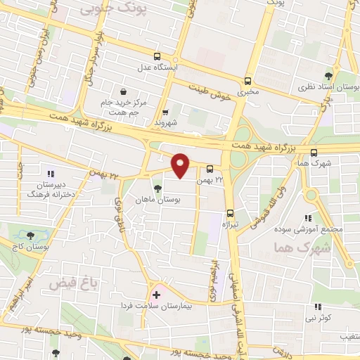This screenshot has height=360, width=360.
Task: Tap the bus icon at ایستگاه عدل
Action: tap(156, 57)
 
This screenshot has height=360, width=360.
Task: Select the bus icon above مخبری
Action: tap(247, 81)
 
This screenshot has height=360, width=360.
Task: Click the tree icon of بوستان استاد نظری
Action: tap(328, 76)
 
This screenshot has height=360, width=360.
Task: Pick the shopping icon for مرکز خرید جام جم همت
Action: tap(123, 92)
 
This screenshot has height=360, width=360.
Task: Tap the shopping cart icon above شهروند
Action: tap(165, 112)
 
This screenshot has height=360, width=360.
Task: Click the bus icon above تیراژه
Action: tap(229, 213)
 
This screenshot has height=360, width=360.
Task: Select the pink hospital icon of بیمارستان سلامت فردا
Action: tap(155, 294)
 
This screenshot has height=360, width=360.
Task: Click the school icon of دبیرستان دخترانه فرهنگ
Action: tap(50, 173)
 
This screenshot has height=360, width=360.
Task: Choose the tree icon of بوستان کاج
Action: tap(30, 235)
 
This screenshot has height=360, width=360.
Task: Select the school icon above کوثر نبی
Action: tap(317, 307)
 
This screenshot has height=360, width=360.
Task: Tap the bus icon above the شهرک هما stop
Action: tap(314, 152)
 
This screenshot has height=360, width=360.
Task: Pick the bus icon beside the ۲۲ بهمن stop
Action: tap(210, 169)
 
